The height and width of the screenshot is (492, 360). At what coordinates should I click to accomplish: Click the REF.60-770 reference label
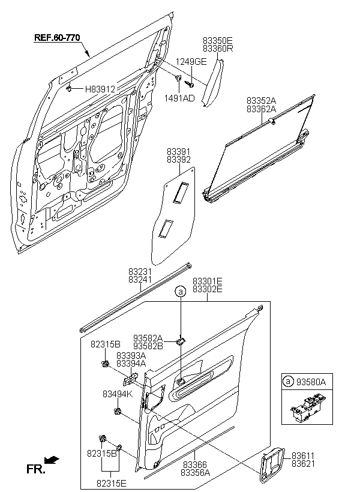57,38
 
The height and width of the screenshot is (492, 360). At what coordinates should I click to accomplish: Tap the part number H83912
100,89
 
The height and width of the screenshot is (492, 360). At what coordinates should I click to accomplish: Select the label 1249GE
191,62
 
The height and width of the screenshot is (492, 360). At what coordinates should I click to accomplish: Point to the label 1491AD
179,98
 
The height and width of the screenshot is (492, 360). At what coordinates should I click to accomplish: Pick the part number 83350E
218,40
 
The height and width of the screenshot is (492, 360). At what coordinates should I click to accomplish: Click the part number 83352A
261,101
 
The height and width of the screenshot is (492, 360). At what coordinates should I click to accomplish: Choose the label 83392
179,160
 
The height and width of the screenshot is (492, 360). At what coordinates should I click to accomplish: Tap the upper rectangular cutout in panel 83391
181,192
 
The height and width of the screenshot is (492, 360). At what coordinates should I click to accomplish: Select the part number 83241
140,280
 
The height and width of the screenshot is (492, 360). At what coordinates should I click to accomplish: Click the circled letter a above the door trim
181,292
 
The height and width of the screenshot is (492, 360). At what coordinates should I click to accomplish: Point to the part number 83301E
208,281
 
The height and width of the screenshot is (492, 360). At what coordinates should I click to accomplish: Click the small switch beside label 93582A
181,341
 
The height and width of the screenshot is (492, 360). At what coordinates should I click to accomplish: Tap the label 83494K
118,394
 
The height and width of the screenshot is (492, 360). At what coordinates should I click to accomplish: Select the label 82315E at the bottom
112,484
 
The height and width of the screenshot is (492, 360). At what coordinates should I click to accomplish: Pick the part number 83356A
195,472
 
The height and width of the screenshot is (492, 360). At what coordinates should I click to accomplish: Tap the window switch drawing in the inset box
307,407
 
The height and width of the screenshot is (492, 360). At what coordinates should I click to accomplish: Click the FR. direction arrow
52,460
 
